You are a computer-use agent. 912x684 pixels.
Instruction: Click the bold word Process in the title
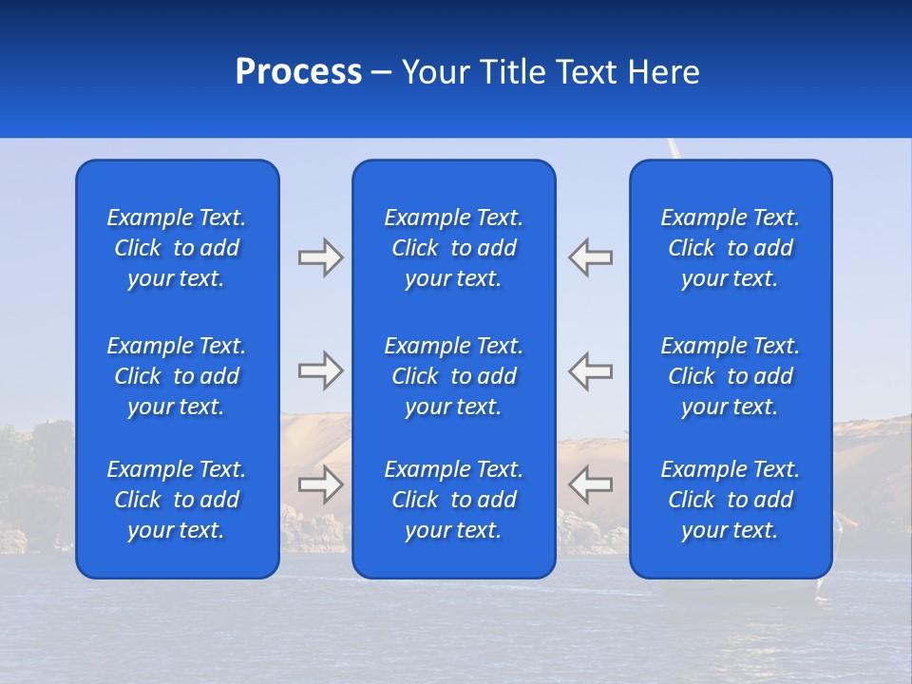tap(298, 72)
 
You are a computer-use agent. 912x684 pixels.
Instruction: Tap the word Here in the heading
tap(663, 72)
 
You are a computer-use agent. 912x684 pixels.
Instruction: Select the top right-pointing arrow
tap(320, 257)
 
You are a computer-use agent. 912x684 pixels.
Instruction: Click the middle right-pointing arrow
tap(320, 370)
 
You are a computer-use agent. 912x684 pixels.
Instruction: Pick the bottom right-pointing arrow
tap(320, 484)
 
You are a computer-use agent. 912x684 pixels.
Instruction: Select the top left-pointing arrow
tap(590, 257)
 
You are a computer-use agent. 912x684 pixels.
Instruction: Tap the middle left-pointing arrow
tap(590, 370)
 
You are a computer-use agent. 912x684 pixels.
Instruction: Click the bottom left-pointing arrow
tap(590, 484)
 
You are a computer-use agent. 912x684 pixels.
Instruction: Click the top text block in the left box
tap(177, 248)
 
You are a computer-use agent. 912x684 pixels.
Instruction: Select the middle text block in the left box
tap(177, 376)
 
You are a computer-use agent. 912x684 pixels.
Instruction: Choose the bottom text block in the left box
tap(177, 500)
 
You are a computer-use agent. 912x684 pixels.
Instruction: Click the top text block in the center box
tap(454, 248)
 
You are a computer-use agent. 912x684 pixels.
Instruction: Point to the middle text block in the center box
tap(454, 376)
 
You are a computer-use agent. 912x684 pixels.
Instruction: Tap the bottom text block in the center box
tap(454, 500)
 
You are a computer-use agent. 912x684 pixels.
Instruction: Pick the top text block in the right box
tap(731, 248)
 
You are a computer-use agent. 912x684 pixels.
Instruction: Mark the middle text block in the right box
tap(731, 376)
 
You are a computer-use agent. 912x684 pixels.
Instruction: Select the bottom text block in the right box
tap(731, 500)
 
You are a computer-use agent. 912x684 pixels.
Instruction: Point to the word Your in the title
tap(435, 72)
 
